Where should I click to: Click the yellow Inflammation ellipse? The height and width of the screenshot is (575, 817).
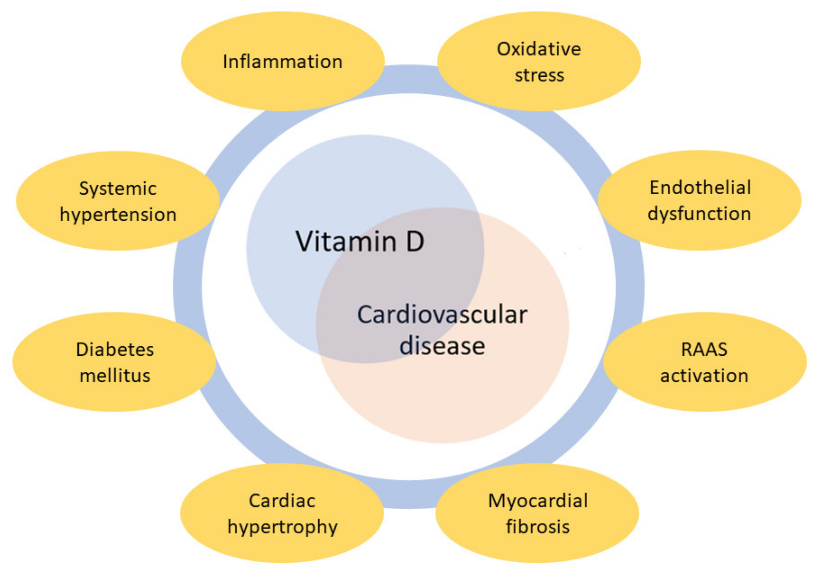(x=283, y=61)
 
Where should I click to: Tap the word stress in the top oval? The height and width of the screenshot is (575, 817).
(x=539, y=75)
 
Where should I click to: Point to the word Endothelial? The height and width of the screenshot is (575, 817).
(x=700, y=187)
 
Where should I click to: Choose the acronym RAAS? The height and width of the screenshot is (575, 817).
(x=704, y=349)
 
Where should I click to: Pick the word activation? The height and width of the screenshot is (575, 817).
(x=704, y=376)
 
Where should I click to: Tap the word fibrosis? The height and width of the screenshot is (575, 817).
(x=538, y=527)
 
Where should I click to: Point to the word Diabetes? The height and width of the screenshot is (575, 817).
(x=115, y=349)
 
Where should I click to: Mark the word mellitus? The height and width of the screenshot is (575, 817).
(x=115, y=376)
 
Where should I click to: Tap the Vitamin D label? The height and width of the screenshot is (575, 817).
(x=360, y=242)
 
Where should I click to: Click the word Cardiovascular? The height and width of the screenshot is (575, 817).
(x=442, y=315)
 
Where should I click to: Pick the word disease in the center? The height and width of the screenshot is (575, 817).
(x=442, y=345)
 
